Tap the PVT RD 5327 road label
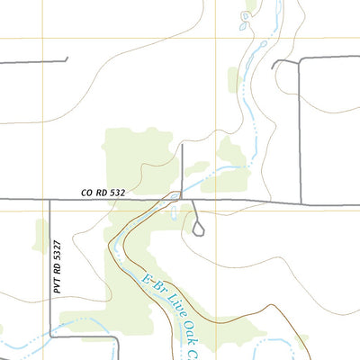point(57,266)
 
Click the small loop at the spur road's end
point(198,229)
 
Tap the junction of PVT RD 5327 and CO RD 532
point(49,199)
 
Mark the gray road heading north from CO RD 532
point(183,166)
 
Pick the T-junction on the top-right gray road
point(300,59)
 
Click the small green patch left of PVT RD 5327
point(40,236)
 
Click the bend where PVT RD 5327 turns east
point(50,337)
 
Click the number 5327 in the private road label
point(57,253)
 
